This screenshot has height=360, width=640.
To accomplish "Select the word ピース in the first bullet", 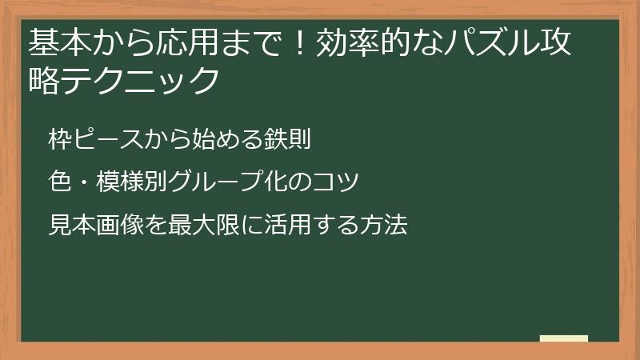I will tap(106, 140).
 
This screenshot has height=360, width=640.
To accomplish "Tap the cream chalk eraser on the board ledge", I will tap(563, 338).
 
